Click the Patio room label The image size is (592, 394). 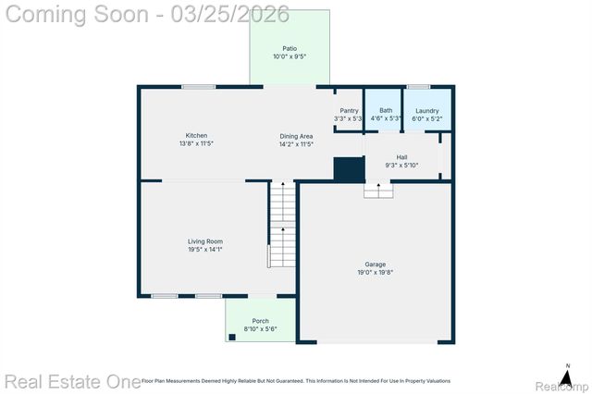[x=290, y=48]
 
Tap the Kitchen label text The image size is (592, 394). [x=196, y=135]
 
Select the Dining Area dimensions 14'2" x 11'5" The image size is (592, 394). [x=296, y=144]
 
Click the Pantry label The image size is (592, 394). [x=349, y=110]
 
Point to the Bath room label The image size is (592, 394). [x=385, y=110]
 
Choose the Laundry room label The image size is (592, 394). [x=426, y=110]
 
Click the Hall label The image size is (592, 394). [x=401, y=157]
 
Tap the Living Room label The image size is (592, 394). [x=205, y=241]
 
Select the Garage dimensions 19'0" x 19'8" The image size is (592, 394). [x=375, y=273]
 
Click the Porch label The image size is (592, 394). [x=261, y=321]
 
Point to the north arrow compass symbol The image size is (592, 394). [x=567, y=375]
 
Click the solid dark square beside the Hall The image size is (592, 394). [x=348, y=170]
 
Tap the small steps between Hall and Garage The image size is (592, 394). [x=377, y=190]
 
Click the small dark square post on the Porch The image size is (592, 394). [x=232, y=338]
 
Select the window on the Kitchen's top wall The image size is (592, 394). [x=199, y=87]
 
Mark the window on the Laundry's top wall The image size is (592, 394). [x=419, y=87]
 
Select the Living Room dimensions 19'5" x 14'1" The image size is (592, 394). [x=205, y=250]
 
